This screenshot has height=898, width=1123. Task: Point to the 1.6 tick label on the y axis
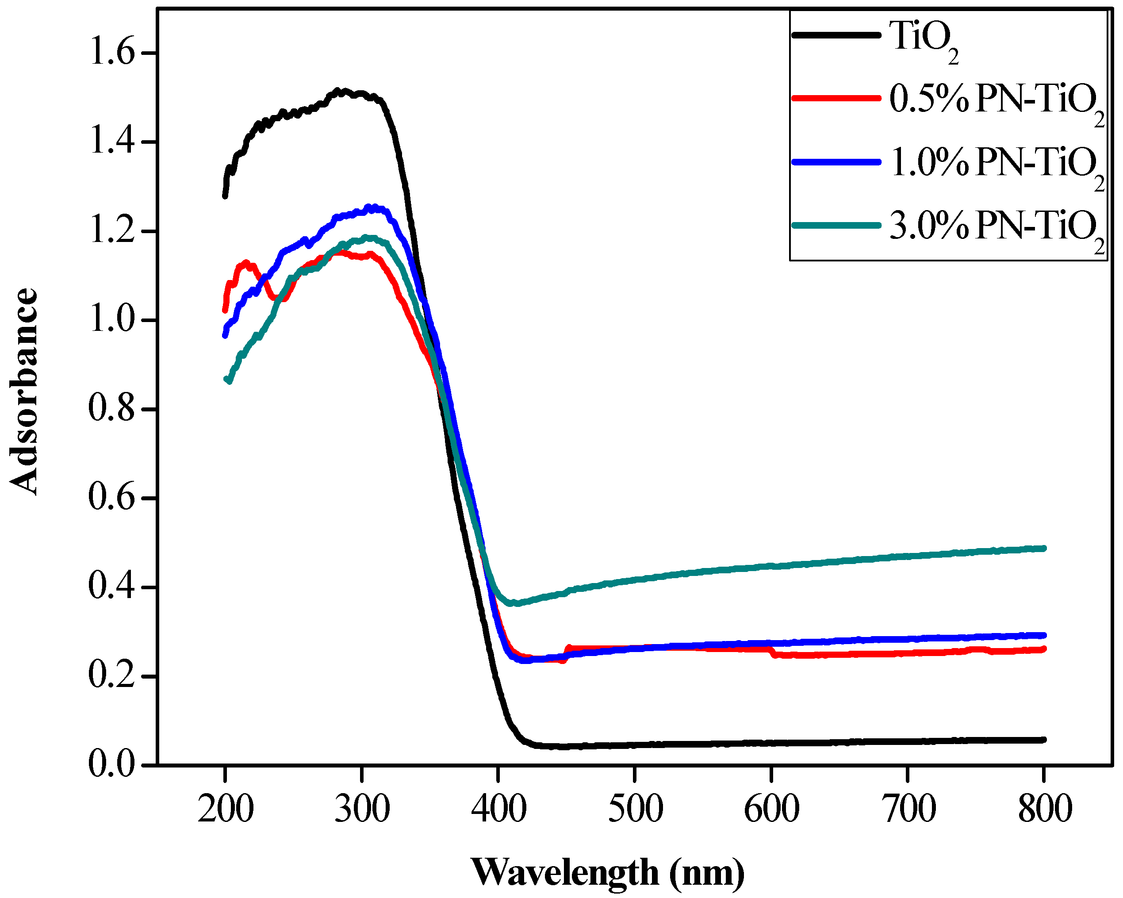pyautogui.click(x=112, y=53)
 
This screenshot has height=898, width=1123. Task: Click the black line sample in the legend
pyautogui.click(x=836, y=35)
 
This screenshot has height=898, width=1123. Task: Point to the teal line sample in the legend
pyautogui.click(x=836, y=225)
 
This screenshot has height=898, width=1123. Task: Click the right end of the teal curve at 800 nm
pyautogui.click(x=1043, y=549)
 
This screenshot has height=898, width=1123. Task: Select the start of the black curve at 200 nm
pyautogui.click(x=225, y=196)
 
